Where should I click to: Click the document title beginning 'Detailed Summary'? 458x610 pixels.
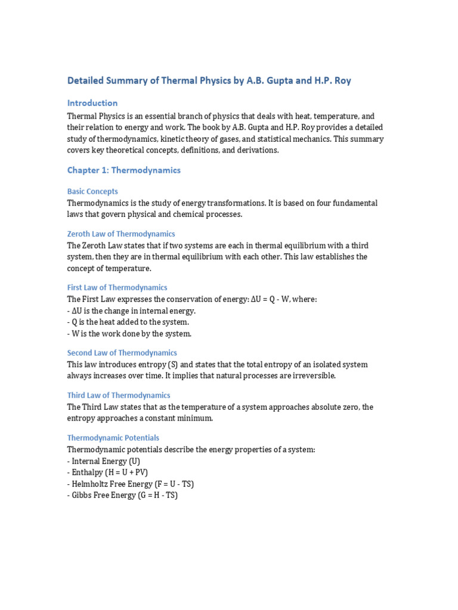pyautogui.click(x=209, y=80)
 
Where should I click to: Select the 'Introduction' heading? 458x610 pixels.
pyautogui.click(x=92, y=103)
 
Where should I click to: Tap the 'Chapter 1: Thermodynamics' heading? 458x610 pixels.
pyautogui.click(x=123, y=170)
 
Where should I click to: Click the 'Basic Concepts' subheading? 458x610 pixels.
pyautogui.click(x=92, y=192)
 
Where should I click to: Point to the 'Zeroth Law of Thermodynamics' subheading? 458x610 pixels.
pyautogui.click(x=121, y=234)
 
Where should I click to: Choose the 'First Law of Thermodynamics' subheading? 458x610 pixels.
pyautogui.click(x=117, y=287)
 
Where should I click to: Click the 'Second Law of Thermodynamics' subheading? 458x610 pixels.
pyautogui.click(x=122, y=353)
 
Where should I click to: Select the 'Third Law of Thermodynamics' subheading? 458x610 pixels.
pyautogui.click(x=119, y=395)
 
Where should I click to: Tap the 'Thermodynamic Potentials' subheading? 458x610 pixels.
pyautogui.click(x=113, y=438)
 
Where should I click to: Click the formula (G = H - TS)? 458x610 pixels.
pyautogui.click(x=157, y=496)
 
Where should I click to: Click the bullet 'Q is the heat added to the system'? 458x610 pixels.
pyautogui.click(x=129, y=322)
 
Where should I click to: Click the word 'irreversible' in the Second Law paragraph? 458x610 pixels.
pyautogui.click(x=313, y=376)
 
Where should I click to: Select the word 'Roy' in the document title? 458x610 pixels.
pyautogui.click(x=342, y=80)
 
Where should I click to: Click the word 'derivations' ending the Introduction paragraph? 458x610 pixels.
pyautogui.click(x=258, y=151)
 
